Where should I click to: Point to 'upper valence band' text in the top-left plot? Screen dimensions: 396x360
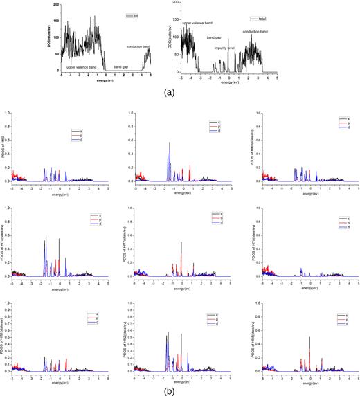coord(80,66)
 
